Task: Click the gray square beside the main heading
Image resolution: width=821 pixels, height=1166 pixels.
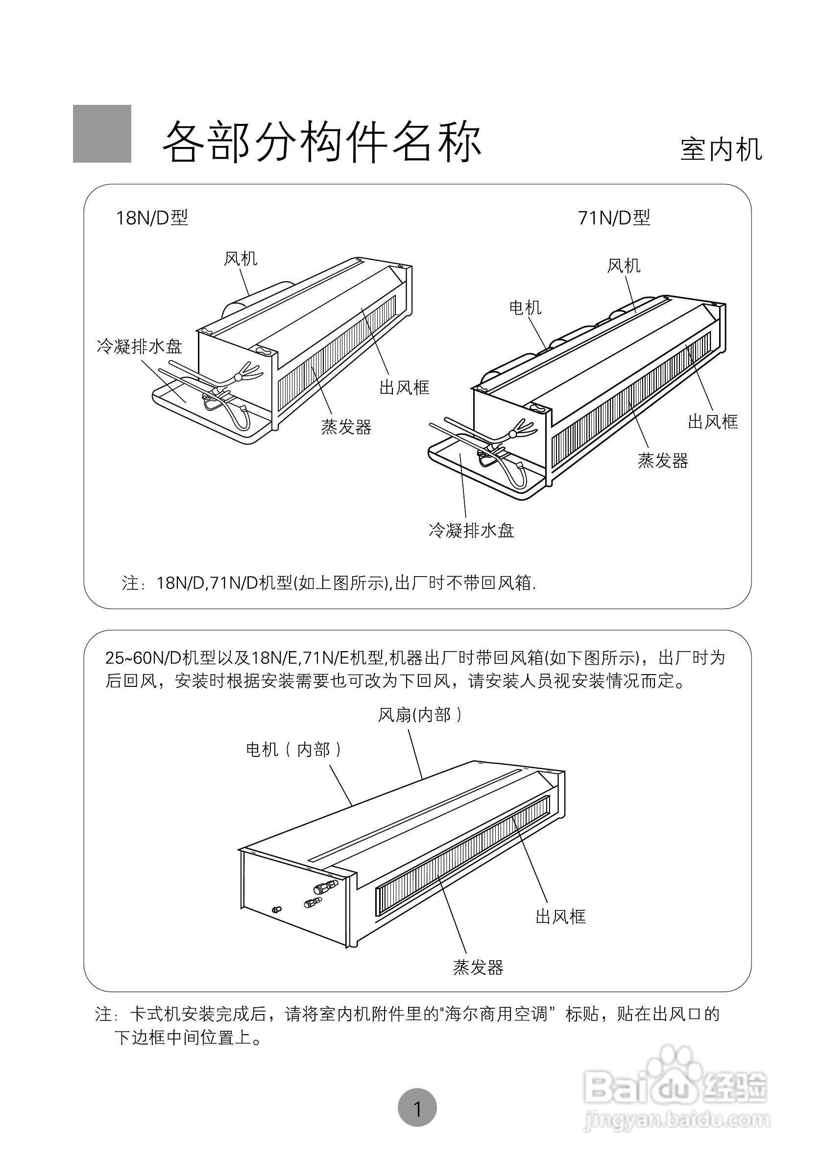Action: pyautogui.click(x=102, y=134)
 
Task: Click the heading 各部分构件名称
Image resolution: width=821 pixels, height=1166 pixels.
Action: pyautogui.click(x=321, y=142)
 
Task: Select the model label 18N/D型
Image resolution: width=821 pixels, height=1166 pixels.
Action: pyautogui.click(x=152, y=218)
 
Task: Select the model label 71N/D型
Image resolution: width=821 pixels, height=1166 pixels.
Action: pyautogui.click(x=614, y=218)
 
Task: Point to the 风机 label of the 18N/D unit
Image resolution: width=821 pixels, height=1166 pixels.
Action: pyautogui.click(x=241, y=259)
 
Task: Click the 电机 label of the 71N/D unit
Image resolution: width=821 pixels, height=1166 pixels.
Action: pyautogui.click(x=525, y=307)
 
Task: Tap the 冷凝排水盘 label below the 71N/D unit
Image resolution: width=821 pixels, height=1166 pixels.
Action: pyautogui.click(x=471, y=531)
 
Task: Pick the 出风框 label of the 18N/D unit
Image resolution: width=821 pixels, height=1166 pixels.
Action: pyautogui.click(x=404, y=388)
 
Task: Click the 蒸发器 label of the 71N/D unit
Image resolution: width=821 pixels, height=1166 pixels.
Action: pyautogui.click(x=663, y=461)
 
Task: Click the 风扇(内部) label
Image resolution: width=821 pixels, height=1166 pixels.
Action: pyautogui.click(x=420, y=715)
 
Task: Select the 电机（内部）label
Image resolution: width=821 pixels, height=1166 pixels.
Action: pyautogui.click(x=294, y=750)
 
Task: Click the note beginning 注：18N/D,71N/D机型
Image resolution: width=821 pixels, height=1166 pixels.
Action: pyautogui.click(x=329, y=583)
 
